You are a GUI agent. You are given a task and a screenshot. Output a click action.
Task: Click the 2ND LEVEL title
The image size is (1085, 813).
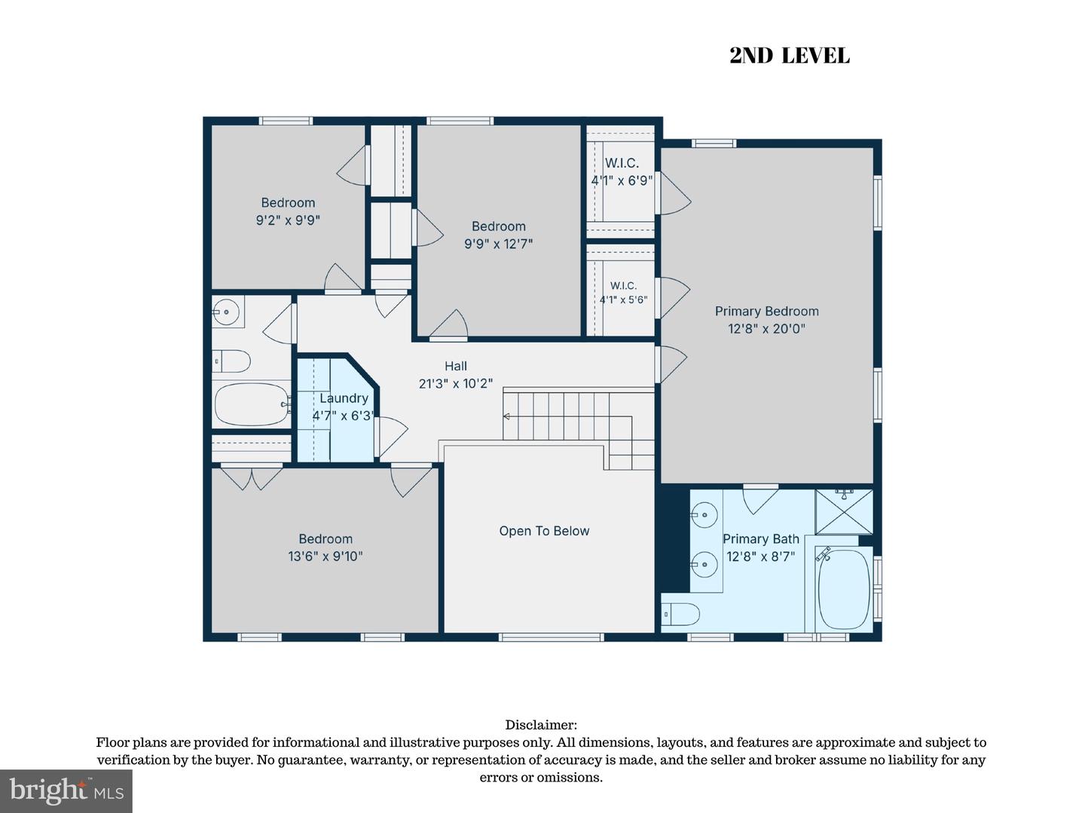(x=790, y=56)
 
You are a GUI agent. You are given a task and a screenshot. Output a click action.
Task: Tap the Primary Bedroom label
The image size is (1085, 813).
(x=767, y=312)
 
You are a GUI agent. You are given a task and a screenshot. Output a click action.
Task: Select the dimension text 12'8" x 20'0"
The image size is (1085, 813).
(x=767, y=329)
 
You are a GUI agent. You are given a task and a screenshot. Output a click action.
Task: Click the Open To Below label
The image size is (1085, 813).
(x=544, y=531)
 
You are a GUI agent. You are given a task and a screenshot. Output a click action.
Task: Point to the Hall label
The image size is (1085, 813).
(x=456, y=366)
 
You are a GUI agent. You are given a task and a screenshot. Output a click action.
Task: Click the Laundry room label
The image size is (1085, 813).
(x=344, y=398)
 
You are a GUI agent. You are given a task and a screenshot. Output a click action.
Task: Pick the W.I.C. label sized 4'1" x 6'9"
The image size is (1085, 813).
(x=622, y=163)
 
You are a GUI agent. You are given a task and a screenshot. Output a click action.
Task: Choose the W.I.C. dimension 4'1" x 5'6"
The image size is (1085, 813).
(x=623, y=300)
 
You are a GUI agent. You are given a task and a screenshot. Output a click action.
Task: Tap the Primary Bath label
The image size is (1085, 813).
(x=761, y=539)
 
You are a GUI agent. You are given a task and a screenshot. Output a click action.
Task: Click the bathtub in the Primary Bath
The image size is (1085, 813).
(x=844, y=589)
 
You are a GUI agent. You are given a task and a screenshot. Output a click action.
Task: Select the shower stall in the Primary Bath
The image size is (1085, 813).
(x=844, y=512)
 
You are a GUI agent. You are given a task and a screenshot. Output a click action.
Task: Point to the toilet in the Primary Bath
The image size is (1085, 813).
(x=680, y=615)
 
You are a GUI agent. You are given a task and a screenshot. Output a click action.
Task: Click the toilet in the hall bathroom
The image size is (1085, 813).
(x=231, y=361)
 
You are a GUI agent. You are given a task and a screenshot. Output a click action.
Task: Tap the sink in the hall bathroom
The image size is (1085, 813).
(x=226, y=312)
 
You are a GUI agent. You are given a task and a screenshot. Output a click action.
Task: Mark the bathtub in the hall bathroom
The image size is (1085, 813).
(x=252, y=405)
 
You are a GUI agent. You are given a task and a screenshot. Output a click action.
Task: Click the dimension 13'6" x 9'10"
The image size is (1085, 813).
(x=325, y=556)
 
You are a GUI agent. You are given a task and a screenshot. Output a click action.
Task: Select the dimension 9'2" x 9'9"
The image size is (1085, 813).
(x=288, y=220)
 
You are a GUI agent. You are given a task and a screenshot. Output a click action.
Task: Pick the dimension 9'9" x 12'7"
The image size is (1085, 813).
(x=498, y=244)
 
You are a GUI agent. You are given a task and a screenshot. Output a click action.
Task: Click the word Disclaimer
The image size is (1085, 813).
(x=541, y=725)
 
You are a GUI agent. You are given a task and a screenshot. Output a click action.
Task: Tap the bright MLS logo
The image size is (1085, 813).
(x=66, y=790)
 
